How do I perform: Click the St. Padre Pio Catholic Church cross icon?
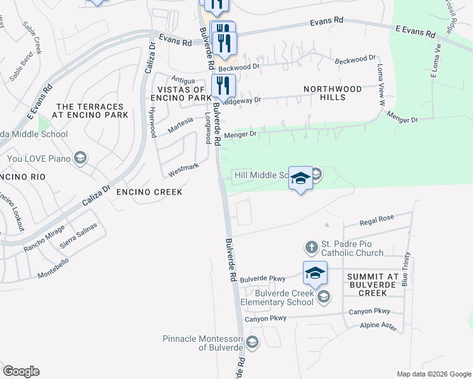pos(310,246)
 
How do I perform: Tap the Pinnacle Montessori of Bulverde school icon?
pos(252,343)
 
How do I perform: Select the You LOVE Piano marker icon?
pos(80,157)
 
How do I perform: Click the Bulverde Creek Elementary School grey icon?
pos(323,296)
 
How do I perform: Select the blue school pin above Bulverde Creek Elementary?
pos(315,273)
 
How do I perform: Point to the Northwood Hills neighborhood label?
pos(333,93)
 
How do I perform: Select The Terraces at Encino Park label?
pos(92,111)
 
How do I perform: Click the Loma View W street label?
pos(381,84)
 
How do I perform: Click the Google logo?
pos(21,371)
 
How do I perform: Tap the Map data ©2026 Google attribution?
pos(433,374)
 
